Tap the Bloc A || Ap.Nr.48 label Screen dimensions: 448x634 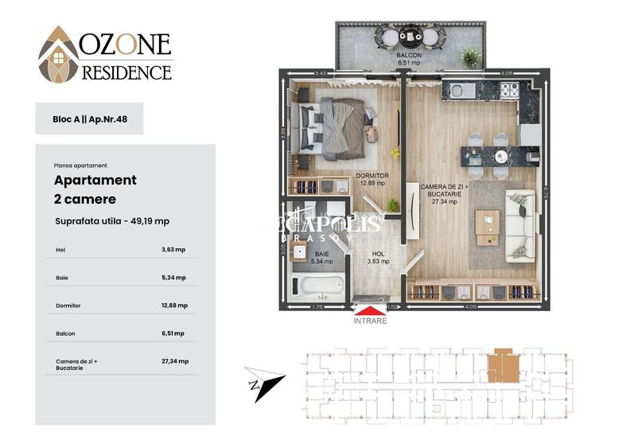pos(89,119)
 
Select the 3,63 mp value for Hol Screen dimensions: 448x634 pos(173,250)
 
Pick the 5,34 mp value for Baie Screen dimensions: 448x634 pos(173,278)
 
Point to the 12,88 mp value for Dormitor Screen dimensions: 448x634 pos(174,306)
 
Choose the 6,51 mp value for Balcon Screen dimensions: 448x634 pos(173,333)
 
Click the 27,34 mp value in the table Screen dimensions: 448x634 pos(174,361)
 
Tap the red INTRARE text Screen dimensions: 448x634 pos(370,321)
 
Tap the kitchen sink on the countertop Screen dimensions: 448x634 pos(461,91)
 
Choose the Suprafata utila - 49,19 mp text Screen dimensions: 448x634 pos(111,220)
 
